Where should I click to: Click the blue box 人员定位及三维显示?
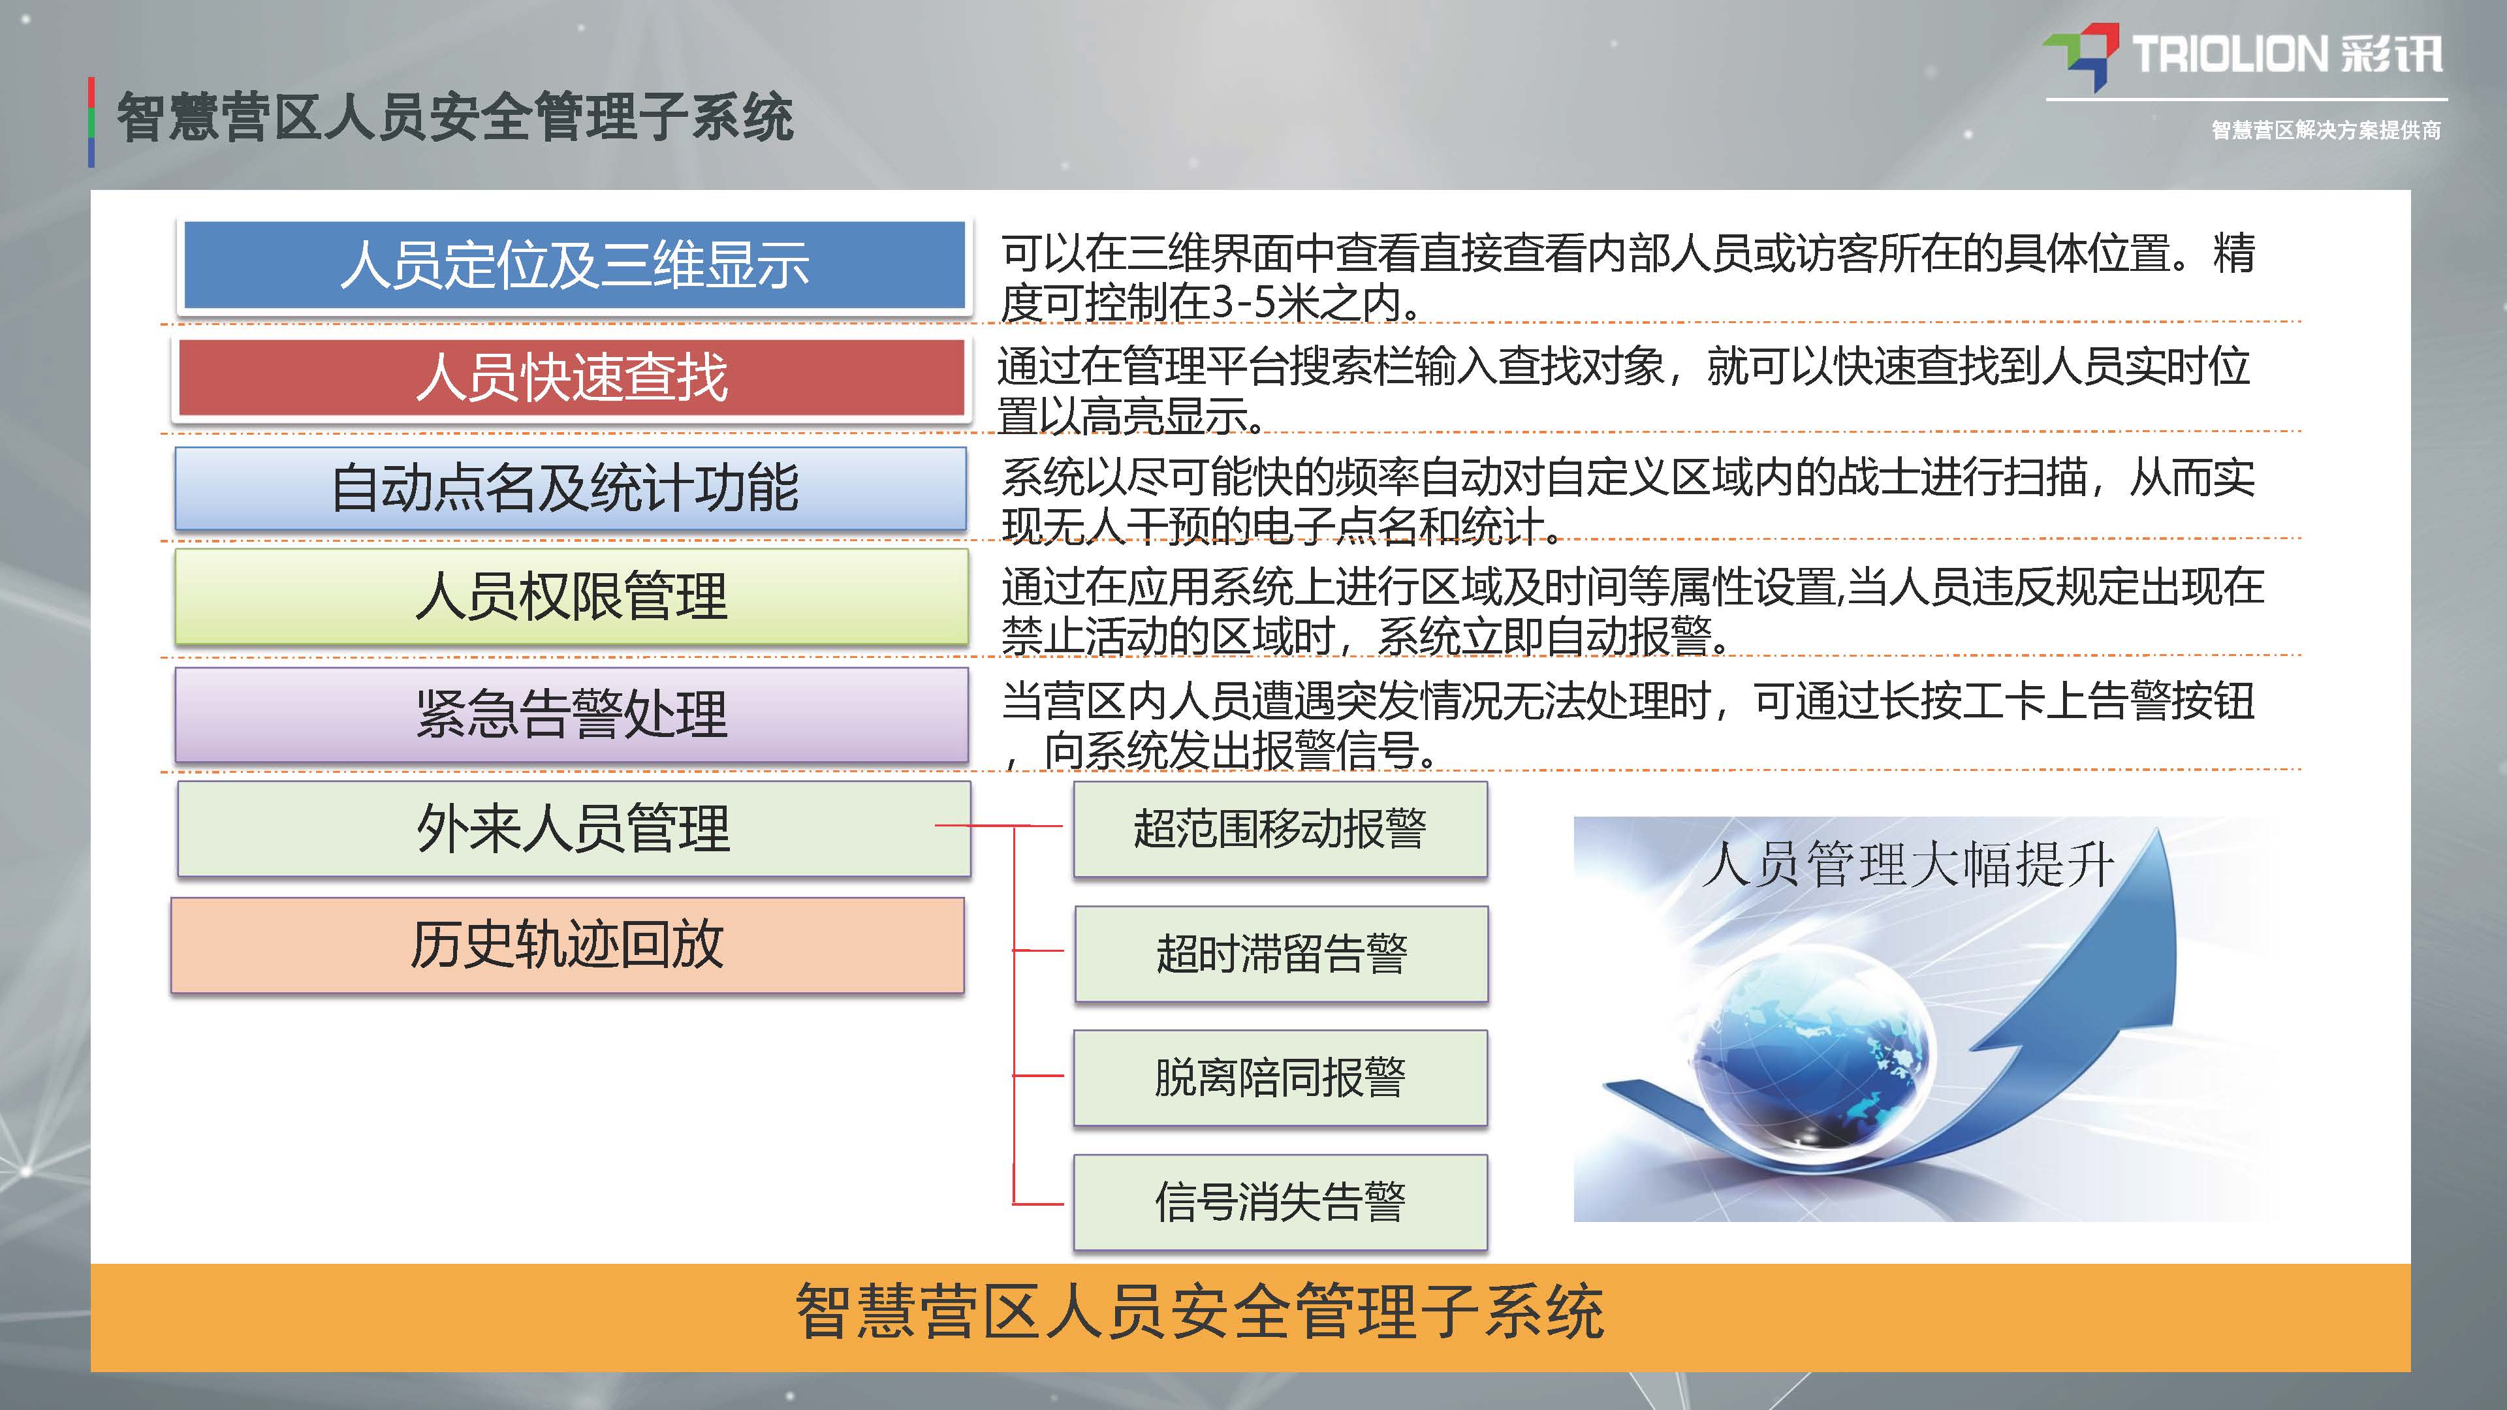pyautogui.click(x=575, y=264)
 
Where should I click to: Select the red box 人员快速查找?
pyautogui.click(x=573, y=377)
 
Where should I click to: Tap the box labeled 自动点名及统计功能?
pyautogui.click(x=571, y=488)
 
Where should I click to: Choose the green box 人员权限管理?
pyautogui.click(x=571, y=595)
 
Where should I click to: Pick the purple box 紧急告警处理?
pyautogui.click(x=571, y=713)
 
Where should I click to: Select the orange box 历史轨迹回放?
pyautogui.click(x=567, y=944)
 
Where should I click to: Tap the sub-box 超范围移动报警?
pyautogui.click(x=1280, y=829)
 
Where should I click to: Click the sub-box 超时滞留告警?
pyautogui.click(x=1281, y=954)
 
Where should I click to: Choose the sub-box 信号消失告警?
pyautogui.click(x=1280, y=1202)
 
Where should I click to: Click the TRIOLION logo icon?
pyautogui.click(x=2080, y=54)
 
